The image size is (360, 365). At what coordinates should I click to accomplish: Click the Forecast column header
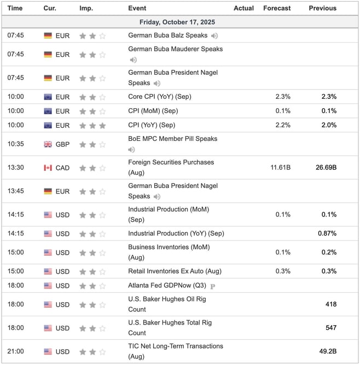point(277,8)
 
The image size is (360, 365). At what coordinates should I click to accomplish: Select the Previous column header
point(322,8)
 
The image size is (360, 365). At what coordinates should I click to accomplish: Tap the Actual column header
point(243,8)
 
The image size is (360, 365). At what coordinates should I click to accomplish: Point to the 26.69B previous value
point(325,167)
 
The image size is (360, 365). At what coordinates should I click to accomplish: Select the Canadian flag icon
point(48,167)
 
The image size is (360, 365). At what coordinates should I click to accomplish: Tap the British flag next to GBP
point(48,144)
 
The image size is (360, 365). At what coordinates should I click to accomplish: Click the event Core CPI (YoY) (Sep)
point(160,97)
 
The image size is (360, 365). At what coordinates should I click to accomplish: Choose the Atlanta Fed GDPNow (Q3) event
point(167,286)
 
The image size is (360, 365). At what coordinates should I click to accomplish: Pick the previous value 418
point(330,304)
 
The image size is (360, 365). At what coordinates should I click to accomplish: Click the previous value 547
point(330,328)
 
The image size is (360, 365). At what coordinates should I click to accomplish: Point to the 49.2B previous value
point(327,351)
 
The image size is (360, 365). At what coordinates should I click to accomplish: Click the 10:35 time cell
point(15,144)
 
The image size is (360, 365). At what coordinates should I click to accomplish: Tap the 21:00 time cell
point(15,351)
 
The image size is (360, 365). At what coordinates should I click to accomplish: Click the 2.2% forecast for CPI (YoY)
point(283,125)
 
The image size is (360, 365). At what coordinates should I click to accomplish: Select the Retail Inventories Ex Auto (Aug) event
point(175,272)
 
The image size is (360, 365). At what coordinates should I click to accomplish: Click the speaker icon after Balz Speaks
point(214,36)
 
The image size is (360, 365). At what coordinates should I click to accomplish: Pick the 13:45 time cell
point(15,191)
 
